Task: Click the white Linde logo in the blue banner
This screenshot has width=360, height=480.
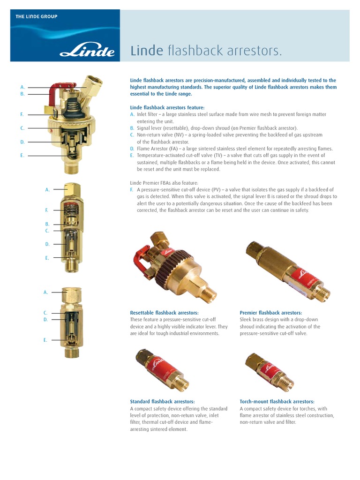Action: pos(87,50)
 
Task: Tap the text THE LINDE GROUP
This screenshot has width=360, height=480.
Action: pos(37,16)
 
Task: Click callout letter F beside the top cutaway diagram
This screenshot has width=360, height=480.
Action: pos(22,114)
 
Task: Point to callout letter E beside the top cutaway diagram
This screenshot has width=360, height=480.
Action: pos(22,155)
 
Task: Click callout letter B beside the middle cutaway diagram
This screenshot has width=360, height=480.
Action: pos(47,224)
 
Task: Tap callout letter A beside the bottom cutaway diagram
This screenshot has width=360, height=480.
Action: pos(46,292)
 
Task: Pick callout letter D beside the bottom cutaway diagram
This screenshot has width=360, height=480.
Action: pos(46,319)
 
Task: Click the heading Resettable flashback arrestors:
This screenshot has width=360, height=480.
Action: pos(164,313)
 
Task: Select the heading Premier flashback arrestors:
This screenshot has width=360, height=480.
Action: pos(270,313)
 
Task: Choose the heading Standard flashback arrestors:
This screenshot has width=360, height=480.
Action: pos(162,401)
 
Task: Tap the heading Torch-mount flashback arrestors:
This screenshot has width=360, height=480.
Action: pos(277,401)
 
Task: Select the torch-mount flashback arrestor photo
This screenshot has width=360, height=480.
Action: pos(270,370)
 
